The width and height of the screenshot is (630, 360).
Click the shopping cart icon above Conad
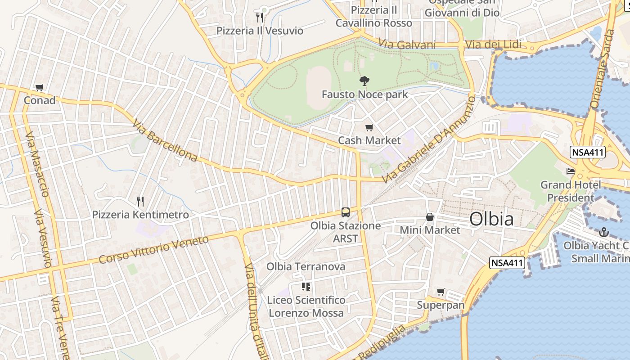[x=40, y=87]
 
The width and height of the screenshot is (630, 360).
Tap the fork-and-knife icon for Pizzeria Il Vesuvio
[x=259, y=18]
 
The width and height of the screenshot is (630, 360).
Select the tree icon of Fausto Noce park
[x=364, y=81]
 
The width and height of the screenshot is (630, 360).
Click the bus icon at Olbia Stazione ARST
[x=346, y=212]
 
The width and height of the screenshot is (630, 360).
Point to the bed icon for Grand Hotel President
[x=571, y=171]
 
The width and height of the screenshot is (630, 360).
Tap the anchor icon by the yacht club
[x=604, y=232]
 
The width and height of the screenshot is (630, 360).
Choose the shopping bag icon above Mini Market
[x=430, y=217]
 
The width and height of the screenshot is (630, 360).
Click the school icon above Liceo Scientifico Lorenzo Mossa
[x=306, y=287]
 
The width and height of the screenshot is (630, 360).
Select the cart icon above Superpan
[x=441, y=292]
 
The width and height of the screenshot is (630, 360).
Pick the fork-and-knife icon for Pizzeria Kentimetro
[x=140, y=201]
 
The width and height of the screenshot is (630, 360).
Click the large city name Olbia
[x=491, y=219]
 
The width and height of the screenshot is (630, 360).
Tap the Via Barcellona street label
[x=165, y=140]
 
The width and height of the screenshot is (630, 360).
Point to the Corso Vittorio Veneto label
[x=154, y=249]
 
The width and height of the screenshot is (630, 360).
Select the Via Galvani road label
[x=407, y=44]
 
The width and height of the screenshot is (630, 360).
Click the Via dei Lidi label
[x=493, y=44]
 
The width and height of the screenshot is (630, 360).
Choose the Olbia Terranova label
[x=306, y=266]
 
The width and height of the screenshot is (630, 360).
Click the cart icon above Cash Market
[x=369, y=127]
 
